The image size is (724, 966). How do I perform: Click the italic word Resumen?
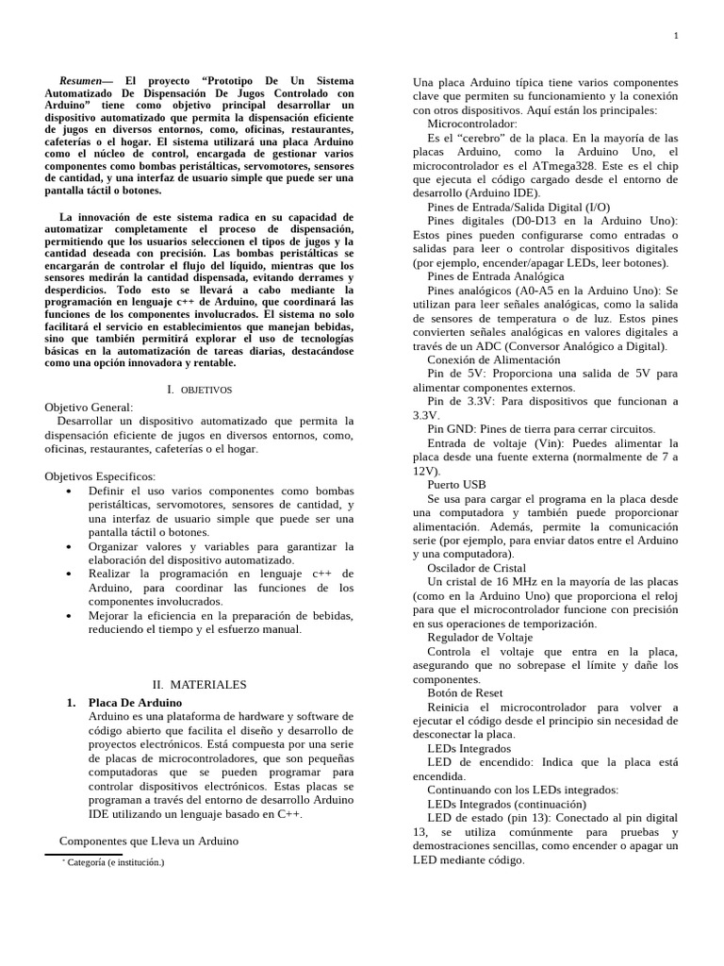[x=82, y=81]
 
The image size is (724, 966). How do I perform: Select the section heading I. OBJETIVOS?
[x=199, y=389]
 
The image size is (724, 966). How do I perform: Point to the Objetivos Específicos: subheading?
[x=100, y=476]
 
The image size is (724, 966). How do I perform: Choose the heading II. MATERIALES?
[x=199, y=684]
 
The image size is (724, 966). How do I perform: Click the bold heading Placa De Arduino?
[x=135, y=703]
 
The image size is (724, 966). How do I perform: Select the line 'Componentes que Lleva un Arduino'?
[x=148, y=841]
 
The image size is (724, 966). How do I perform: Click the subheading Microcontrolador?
[x=472, y=124]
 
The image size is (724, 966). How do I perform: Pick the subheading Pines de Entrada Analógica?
[x=496, y=276]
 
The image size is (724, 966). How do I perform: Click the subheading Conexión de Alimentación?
[x=493, y=359]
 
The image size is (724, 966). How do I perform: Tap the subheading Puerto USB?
[x=456, y=484]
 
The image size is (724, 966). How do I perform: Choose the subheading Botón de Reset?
[x=465, y=692]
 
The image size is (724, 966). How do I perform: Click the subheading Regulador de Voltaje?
[x=480, y=637]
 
